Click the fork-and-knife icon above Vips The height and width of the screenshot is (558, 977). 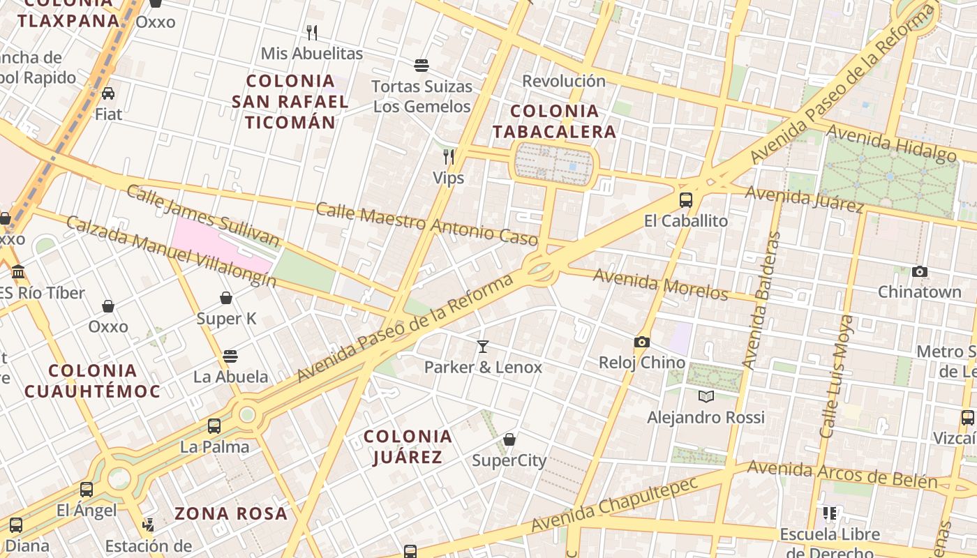tap(449, 156)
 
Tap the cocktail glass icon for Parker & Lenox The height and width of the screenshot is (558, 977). tap(482, 346)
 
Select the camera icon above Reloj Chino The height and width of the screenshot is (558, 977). tap(642, 342)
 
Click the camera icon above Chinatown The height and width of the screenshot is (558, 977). tap(920, 271)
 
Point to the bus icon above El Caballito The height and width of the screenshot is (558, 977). tap(686, 200)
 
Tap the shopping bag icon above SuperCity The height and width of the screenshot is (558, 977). tap(509, 439)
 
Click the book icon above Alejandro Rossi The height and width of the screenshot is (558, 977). tap(706, 396)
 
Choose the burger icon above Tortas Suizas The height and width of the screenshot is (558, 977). tap(421, 66)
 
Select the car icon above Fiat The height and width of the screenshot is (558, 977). tap(108, 93)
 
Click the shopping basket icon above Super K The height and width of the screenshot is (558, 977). tap(226, 298)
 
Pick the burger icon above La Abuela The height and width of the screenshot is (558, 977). tap(230, 356)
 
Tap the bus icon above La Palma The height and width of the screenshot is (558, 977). tap(214, 425)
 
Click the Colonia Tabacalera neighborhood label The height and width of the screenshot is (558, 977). tap(555, 121)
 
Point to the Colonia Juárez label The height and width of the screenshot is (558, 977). tap(408, 446)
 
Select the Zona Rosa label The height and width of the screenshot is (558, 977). tap(230, 514)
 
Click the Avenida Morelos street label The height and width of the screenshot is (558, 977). tap(660, 285)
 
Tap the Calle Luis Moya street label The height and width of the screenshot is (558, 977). tap(837, 377)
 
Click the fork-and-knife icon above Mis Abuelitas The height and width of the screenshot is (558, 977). tap(312, 32)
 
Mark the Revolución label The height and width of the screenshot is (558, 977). tap(564, 81)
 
